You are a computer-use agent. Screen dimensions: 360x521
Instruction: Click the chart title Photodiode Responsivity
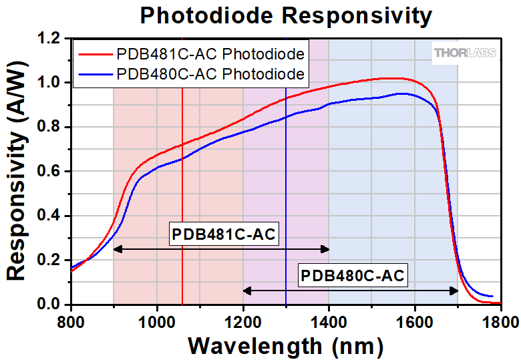pos(285,15)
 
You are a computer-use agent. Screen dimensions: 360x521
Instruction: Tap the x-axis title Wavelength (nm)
pos(285,345)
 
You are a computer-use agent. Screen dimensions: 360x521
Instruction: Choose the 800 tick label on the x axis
pos(71,320)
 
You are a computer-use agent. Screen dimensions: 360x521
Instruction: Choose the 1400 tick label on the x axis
pos(329,320)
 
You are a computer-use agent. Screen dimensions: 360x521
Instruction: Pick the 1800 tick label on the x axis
pos(501,320)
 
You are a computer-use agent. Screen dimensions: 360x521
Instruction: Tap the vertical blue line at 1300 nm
pos(286,200)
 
